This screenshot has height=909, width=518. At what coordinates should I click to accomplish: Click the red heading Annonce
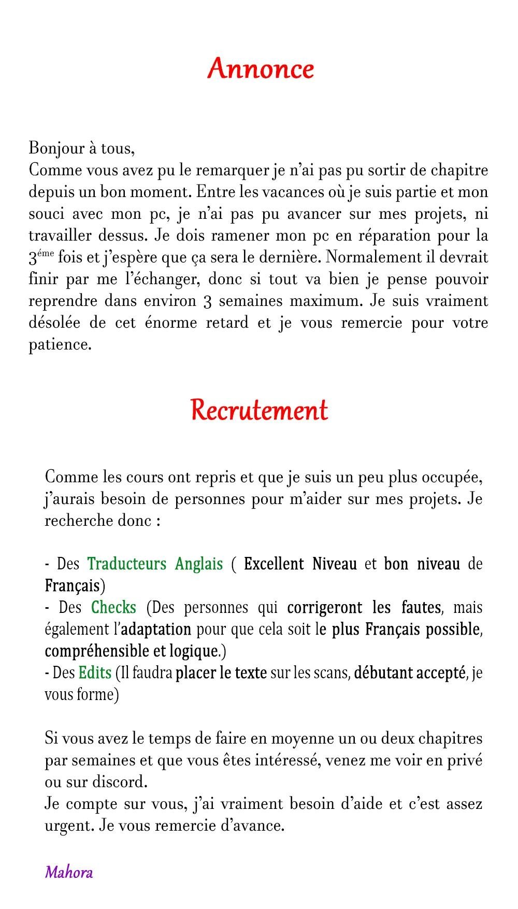coord(261,69)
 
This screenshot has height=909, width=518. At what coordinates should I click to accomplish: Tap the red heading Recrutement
coord(259,410)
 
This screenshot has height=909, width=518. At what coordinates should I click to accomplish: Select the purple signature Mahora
coord(69,872)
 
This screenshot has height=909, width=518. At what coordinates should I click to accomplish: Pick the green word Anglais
coord(199,564)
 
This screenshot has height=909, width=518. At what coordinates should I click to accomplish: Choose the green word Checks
coord(113,607)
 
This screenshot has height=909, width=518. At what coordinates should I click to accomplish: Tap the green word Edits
coord(95,673)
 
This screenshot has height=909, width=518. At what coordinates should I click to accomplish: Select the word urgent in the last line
coord(69,826)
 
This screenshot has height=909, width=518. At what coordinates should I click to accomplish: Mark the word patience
coord(60,345)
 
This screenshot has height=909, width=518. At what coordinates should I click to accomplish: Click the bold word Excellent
coord(274,564)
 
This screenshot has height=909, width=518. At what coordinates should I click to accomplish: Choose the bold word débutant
coord(382,673)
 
